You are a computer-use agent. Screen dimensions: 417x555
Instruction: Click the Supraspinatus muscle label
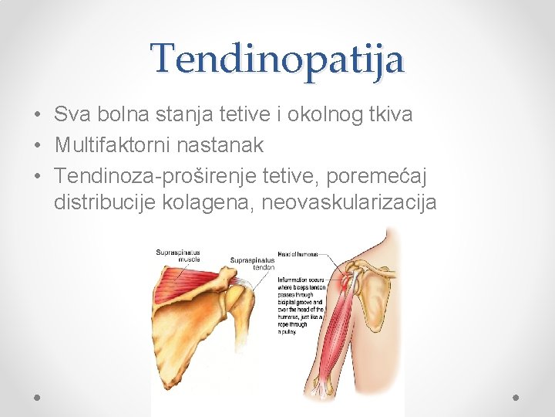[178, 256]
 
